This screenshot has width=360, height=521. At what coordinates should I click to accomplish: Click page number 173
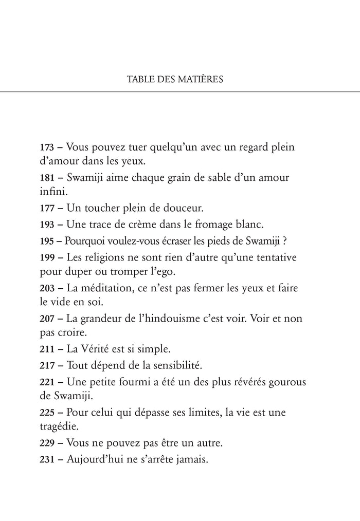coord(47,147)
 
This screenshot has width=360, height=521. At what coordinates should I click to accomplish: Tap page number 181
coord(47,178)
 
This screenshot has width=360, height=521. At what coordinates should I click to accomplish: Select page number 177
coord(47,209)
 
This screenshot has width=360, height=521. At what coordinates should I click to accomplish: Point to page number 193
coord(47,225)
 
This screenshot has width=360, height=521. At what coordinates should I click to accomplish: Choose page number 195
coord(47,240)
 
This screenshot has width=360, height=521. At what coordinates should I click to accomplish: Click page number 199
coord(47,256)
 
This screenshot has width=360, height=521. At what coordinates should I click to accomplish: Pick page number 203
coord(47,287)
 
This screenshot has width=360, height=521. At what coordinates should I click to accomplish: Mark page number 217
coord(47,366)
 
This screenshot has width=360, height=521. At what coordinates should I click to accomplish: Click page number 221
coord(47,382)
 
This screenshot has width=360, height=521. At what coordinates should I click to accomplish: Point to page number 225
coord(47,413)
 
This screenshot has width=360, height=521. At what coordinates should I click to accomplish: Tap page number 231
coord(47,460)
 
